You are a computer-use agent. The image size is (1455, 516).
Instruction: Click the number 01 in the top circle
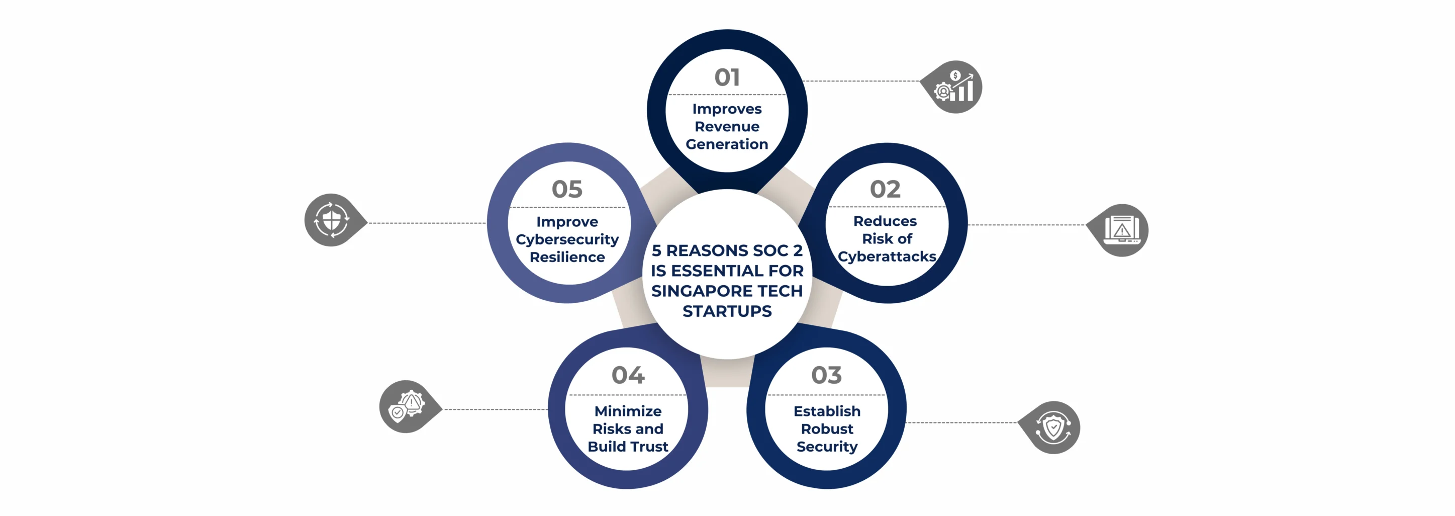pyautogui.click(x=726, y=77)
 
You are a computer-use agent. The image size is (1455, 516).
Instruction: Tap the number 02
pyautogui.click(x=885, y=189)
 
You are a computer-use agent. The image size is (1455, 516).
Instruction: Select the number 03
pyautogui.click(x=826, y=375)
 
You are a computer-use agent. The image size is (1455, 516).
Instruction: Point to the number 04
pyautogui.click(x=628, y=375)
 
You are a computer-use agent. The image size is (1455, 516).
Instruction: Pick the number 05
pyautogui.click(x=566, y=189)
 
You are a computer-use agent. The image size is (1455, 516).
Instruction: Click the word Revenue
pyautogui.click(x=726, y=127)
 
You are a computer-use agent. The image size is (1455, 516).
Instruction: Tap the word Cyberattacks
pyautogui.click(x=886, y=256)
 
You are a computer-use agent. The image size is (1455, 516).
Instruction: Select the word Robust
pyautogui.click(x=827, y=429)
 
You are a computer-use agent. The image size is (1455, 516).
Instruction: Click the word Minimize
pyautogui.click(x=628, y=411)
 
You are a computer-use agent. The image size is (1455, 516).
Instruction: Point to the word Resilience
pyautogui.click(x=567, y=257)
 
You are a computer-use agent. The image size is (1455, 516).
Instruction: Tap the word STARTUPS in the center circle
pyautogui.click(x=726, y=311)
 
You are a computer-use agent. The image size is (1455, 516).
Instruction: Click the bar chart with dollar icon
pyautogui.click(x=954, y=87)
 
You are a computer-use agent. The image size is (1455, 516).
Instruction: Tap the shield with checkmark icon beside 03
pyautogui.click(x=1052, y=428)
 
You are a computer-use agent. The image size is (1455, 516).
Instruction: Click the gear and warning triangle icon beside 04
pyautogui.click(x=407, y=406)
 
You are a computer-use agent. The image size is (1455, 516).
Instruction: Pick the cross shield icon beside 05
pyautogui.click(x=332, y=220)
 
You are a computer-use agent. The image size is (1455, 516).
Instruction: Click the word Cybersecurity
pyautogui.click(x=567, y=239)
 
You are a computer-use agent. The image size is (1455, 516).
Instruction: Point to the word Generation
pyautogui.click(x=726, y=145)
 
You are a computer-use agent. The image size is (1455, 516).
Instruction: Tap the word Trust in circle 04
pyautogui.click(x=649, y=447)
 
